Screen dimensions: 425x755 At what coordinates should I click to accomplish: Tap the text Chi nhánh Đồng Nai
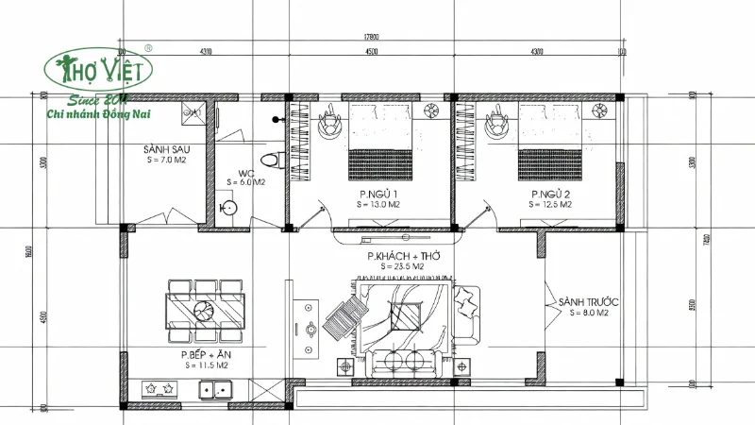106,114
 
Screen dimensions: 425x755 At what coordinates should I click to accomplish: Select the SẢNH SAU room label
162,150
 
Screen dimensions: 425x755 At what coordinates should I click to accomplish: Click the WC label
245,173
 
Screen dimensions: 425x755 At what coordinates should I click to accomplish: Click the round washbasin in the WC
228,206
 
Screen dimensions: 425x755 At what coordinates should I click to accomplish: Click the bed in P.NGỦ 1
380,142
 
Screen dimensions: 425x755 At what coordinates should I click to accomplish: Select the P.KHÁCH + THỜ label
404,257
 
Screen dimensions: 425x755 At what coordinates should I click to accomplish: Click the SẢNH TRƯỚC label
582,301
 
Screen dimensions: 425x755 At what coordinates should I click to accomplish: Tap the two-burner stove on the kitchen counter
158,387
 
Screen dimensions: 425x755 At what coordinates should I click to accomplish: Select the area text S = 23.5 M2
404,267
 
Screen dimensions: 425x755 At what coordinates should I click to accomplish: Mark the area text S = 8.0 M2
582,312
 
